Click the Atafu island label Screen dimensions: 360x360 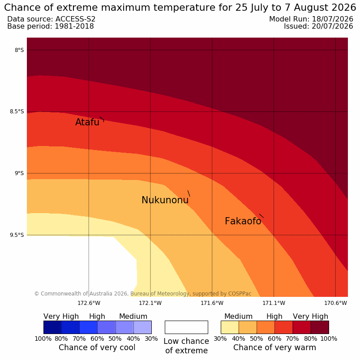click(x=87, y=122)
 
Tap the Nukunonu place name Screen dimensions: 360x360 click(x=165, y=200)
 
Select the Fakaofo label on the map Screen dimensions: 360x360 click(x=243, y=221)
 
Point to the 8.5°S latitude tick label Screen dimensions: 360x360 click(x=17, y=112)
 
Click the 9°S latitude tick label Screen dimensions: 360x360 click(x=19, y=173)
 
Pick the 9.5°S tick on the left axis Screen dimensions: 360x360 click(x=17, y=235)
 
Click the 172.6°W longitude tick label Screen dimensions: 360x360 click(x=89, y=303)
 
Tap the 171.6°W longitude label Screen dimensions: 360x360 click(x=212, y=303)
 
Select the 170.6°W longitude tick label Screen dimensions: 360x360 click(x=335, y=303)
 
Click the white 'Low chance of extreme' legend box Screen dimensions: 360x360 click(x=186, y=327)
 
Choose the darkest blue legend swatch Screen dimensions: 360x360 click(x=52, y=327)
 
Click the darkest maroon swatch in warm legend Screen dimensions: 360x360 click(x=320, y=327)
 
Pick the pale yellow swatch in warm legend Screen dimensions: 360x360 click(x=230, y=327)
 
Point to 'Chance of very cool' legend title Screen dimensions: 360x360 click(x=97, y=347)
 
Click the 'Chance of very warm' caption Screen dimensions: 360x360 click(x=274, y=347)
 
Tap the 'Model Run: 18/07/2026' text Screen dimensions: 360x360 click(x=311, y=19)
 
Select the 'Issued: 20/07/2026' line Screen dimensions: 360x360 click(x=318, y=26)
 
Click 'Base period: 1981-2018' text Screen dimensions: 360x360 click(x=51, y=26)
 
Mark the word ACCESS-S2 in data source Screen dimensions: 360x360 click(x=76, y=19)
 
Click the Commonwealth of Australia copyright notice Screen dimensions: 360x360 click(x=143, y=294)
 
